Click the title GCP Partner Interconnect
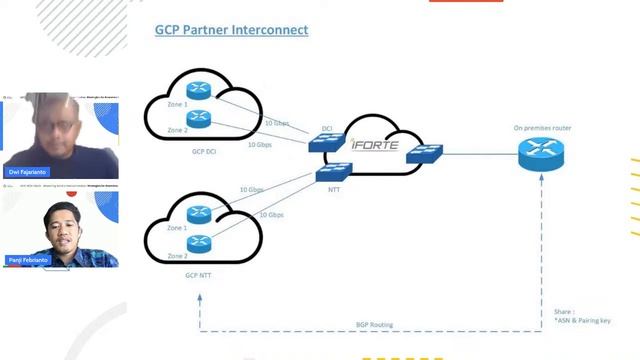[231, 30]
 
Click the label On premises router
[542, 128]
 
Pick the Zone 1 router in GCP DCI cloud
[199, 93]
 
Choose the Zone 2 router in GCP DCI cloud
[199, 120]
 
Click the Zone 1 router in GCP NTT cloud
[199, 213]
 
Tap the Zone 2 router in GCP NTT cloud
[199, 241]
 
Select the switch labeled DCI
[326, 142]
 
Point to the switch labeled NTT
[335, 171]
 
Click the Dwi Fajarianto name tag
[29, 171]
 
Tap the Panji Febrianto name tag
[30, 260]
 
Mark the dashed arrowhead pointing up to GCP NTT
[200, 297]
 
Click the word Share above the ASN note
[565, 311]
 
